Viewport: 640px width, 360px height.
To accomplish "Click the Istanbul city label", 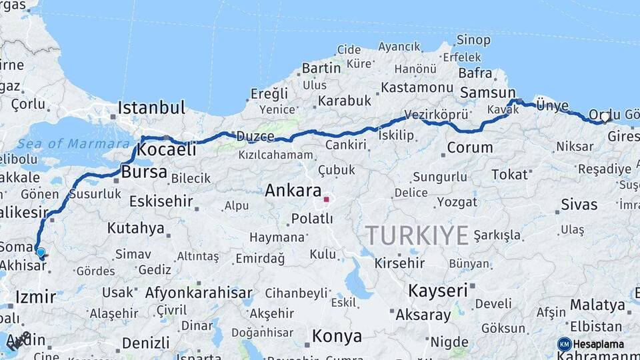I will (151, 108).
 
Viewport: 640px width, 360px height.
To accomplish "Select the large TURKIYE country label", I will (417, 235).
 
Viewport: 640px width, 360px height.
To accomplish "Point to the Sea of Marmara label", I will (73, 144).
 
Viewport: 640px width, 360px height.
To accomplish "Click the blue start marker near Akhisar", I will (41, 253).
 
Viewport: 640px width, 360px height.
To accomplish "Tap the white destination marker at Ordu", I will (605, 117).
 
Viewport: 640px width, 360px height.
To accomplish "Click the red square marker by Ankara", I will (326, 199).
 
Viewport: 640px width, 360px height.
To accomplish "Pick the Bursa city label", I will (144, 172).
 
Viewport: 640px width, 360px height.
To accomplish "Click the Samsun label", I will (488, 93).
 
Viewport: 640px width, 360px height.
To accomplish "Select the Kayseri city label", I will (437, 291).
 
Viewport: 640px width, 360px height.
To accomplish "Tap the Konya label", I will (337, 336).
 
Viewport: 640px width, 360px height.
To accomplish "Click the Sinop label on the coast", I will (474, 40).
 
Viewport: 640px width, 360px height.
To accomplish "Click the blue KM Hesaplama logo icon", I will (564, 344).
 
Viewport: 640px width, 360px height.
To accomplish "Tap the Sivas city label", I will (579, 204).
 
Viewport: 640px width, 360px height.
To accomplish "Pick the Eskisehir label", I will (161, 201).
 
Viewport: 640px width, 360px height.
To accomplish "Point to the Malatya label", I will (597, 305).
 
